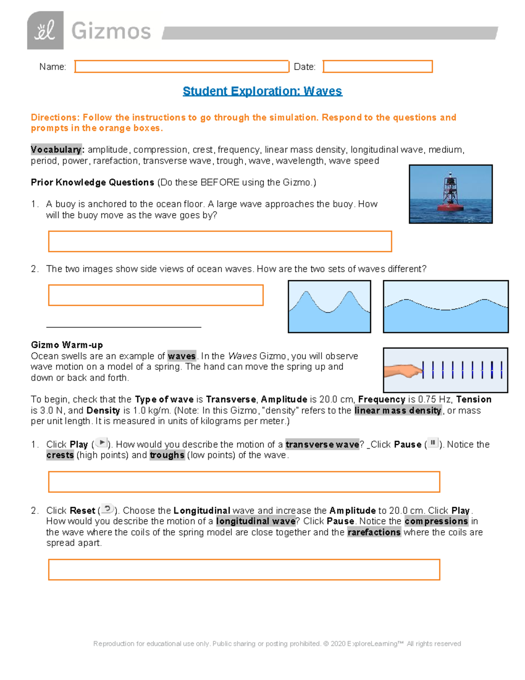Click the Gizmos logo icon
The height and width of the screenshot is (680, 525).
[45, 31]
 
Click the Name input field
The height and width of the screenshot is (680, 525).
[182, 67]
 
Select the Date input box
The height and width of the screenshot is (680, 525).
[378, 67]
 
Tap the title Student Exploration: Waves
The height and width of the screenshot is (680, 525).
[262, 91]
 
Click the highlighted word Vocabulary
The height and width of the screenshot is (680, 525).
[56, 150]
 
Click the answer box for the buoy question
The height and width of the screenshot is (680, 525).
[220, 242]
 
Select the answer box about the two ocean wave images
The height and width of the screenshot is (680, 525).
[156, 295]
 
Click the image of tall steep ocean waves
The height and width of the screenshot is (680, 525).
[329, 307]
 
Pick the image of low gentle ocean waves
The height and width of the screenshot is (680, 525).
[445, 307]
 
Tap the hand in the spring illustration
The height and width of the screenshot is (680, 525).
[402, 371]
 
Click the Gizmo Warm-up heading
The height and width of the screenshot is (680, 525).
[66, 345]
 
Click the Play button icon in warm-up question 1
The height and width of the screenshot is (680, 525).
[101, 443]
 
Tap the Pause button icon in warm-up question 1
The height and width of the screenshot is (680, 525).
[433, 443]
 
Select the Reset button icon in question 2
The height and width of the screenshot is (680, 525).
[108, 509]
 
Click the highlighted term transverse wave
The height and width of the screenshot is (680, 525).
[322, 444]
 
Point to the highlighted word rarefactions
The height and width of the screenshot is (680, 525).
[374, 532]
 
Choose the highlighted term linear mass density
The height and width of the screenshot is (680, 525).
[398, 411]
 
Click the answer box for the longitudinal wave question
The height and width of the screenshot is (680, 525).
[244, 570]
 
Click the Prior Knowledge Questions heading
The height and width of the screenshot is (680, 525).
[92, 183]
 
